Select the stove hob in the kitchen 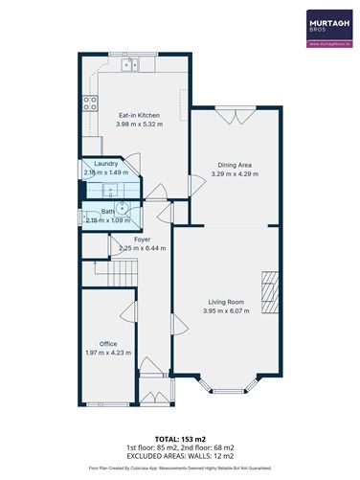tap(89, 103)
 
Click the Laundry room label tap(105, 164)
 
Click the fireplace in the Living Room tap(271, 291)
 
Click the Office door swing tap(124, 316)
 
